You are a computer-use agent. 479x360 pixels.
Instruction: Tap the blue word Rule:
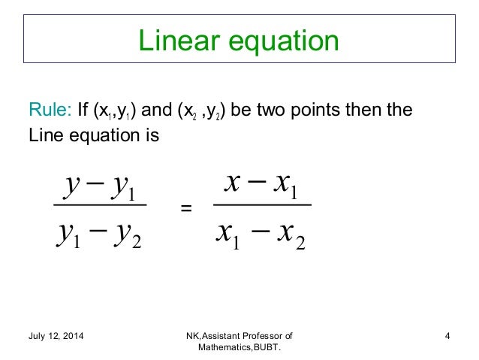click(x=50, y=113)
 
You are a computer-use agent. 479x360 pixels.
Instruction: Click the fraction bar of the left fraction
click(x=98, y=204)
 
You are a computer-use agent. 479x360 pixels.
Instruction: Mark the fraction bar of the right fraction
click(x=261, y=204)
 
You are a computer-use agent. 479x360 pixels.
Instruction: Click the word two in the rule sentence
click(x=276, y=113)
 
